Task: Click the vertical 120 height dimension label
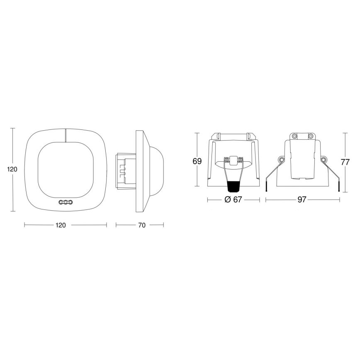pyautogui.click(x=12, y=169)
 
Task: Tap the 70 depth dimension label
pyautogui.click(x=141, y=225)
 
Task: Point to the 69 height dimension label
pyautogui.click(x=197, y=162)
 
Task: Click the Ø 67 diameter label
pyautogui.click(x=233, y=199)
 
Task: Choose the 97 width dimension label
pyautogui.click(x=302, y=199)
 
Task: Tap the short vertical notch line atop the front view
pyautogui.click(x=66, y=135)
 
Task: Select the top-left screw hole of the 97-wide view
pyautogui.click(x=294, y=136)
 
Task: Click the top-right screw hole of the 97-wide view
pyautogui.click(x=310, y=136)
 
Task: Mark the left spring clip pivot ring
pyautogui.click(x=281, y=160)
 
